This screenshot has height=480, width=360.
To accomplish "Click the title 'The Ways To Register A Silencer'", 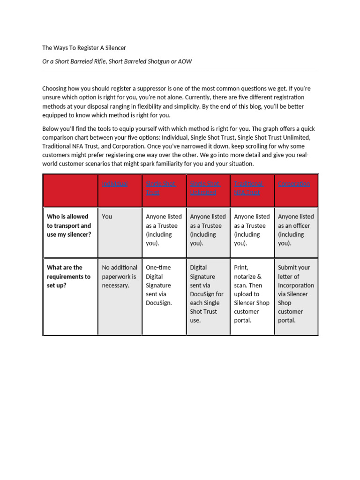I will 84,48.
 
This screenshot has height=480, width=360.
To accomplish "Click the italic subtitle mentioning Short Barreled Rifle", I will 117,61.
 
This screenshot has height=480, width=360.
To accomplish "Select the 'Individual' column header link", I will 115,184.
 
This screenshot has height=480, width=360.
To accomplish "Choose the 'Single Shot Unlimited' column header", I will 205,188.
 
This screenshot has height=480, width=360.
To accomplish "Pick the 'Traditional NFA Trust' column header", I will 249,188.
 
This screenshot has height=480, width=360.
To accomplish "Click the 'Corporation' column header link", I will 294,184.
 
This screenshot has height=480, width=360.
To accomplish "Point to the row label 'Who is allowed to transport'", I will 69,225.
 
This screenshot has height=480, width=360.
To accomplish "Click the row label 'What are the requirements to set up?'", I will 68,276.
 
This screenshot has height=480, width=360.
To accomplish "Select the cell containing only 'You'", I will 107,217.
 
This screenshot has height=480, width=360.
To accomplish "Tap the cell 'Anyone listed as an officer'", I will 296,230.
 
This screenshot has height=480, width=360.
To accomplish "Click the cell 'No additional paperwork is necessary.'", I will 120,276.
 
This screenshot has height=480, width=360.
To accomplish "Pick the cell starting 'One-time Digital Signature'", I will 159,285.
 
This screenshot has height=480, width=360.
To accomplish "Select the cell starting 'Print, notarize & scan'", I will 251,293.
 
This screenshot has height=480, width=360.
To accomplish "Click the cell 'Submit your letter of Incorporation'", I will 296,293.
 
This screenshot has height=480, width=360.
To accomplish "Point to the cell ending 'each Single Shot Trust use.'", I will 207,293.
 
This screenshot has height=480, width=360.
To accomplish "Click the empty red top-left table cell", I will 70,190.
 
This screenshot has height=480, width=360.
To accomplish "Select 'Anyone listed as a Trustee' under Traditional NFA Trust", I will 252,230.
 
